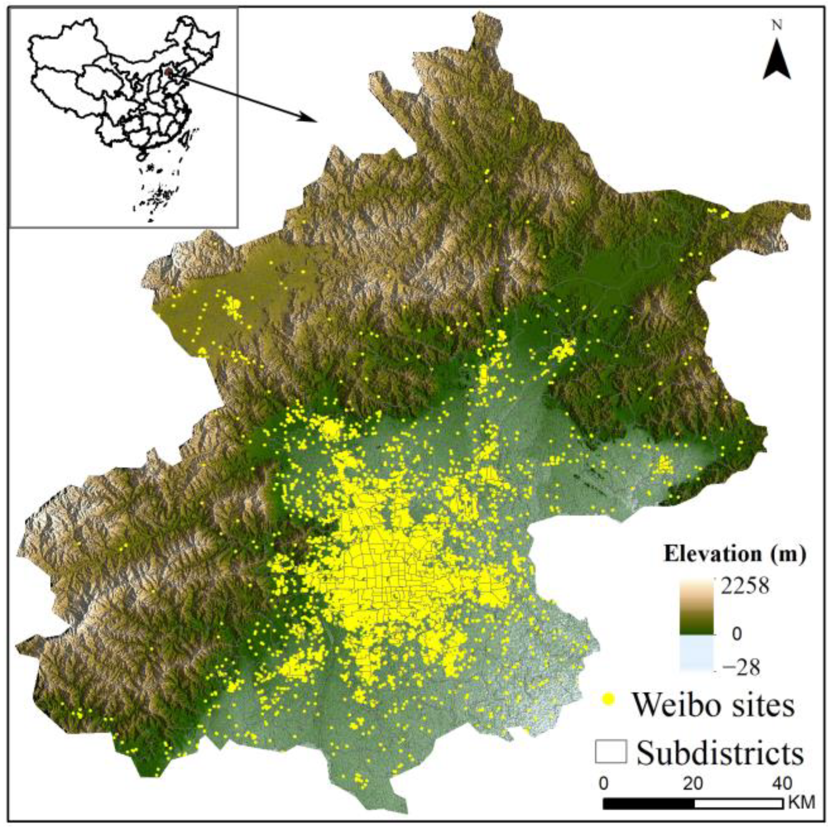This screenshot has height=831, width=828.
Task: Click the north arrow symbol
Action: [777, 60]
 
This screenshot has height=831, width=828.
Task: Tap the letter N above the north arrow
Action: [777, 26]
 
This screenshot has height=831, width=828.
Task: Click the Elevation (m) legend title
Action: [735, 555]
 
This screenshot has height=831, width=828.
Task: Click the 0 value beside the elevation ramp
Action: [736, 634]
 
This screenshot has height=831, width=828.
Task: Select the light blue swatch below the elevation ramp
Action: [696, 653]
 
